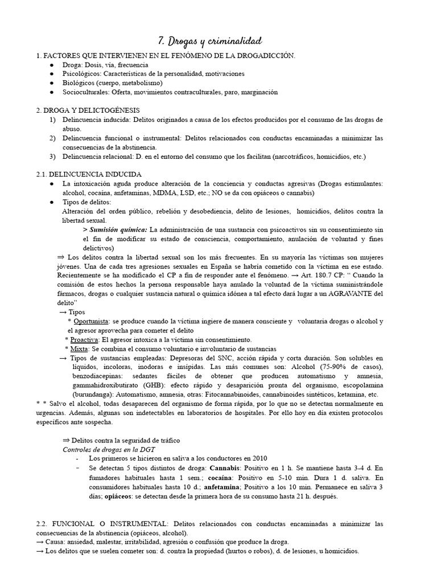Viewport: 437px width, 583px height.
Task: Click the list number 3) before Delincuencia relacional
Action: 52,156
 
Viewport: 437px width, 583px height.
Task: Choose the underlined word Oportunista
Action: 92,322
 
